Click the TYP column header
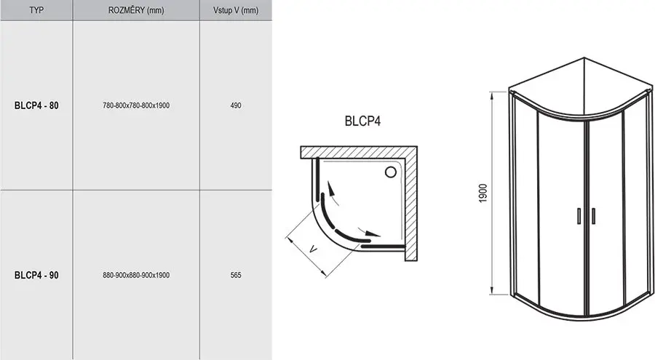pyautogui.click(x=36, y=10)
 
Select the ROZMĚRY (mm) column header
pyautogui.click(x=136, y=10)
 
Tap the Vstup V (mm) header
pyautogui.click(x=236, y=10)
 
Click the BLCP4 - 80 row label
pyautogui.click(x=36, y=105)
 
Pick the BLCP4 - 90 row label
pyautogui.click(x=36, y=275)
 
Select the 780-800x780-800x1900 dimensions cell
pyautogui.click(x=136, y=105)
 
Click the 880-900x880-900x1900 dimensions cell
pyautogui.click(x=136, y=275)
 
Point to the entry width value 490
pyautogui.click(x=236, y=105)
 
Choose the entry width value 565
pyautogui.click(x=236, y=275)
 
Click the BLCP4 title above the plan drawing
pyautogui.click(x=362, y=121)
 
